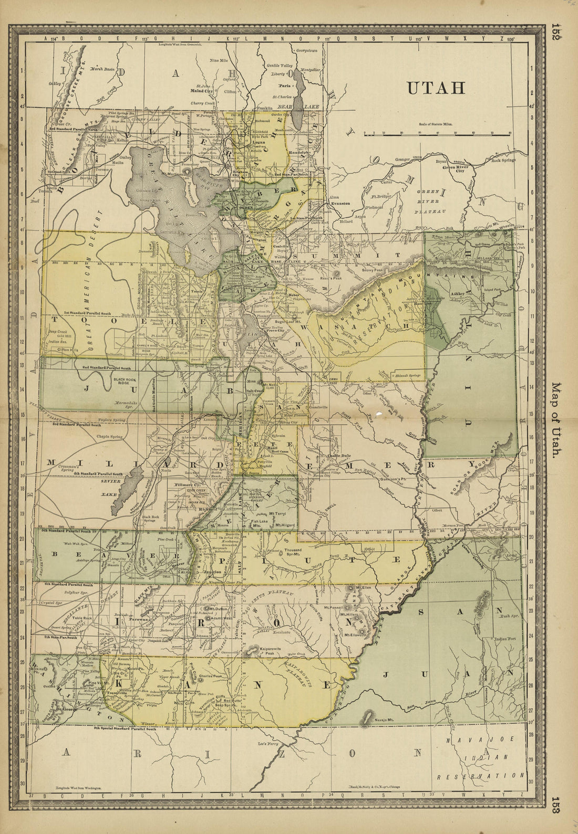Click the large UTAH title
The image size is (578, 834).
tap(436, 87)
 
